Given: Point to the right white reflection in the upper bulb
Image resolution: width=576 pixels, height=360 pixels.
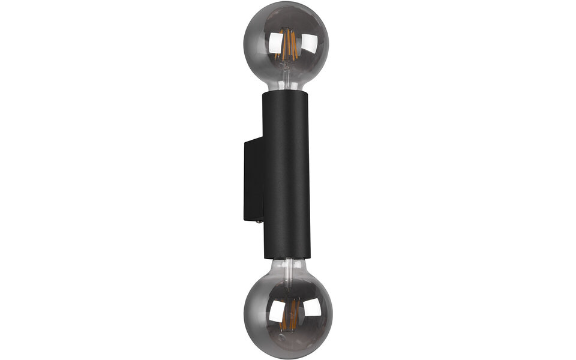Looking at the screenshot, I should pos(310,43).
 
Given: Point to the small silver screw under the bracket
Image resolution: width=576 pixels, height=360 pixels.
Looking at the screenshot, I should pos(259,221).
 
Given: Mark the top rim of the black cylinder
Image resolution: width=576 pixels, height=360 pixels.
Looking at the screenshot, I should pos(287,93).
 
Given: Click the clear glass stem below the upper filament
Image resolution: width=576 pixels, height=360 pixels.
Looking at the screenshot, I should pos(288,71).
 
